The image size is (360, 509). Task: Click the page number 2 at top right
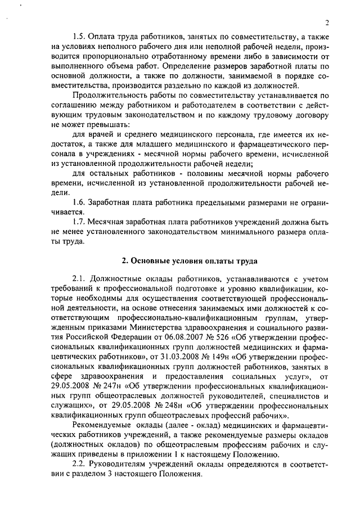tap(326, 22)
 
